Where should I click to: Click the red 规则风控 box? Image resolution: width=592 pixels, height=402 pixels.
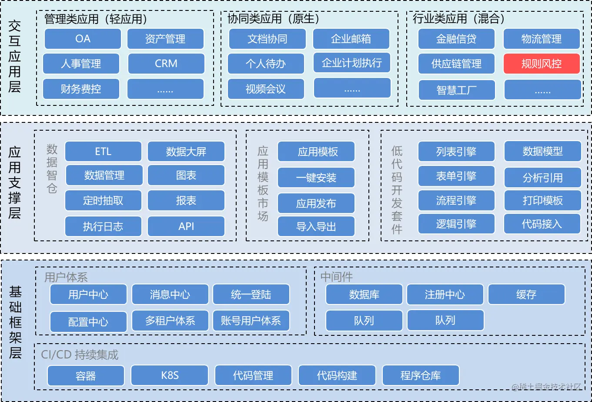coord(542,64)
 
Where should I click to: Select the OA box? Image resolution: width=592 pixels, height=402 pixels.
coord(83,39)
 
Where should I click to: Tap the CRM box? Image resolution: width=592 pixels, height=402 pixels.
coord(166,64)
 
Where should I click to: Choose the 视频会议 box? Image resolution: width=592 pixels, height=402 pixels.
coord(265,89)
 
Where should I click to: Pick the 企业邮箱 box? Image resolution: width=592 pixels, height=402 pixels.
coord(351,39)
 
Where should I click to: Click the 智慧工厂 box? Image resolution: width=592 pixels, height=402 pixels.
coord(456,90)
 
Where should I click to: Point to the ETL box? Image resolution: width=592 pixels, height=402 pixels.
coord(103,152)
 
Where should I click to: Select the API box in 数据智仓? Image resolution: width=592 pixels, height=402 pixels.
coord(186,226)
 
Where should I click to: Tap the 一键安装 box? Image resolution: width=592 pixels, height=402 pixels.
coord(316,178)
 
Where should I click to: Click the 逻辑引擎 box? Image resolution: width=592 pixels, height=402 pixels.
coord(456,224)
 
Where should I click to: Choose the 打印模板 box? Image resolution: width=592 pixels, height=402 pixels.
coord(542,200)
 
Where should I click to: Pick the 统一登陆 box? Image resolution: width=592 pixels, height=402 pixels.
coord(251,294)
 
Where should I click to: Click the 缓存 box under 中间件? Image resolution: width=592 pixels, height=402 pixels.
coord(526,294)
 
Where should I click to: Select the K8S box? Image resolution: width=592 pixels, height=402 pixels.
coord(170,375)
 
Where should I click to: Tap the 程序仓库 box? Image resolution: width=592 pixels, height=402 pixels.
coord(421,375)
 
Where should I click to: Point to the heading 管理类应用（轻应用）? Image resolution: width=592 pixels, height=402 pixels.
coord(96,19)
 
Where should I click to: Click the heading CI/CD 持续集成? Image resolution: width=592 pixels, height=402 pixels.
coord(80,355)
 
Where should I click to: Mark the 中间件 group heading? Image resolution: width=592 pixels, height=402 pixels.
coord(337,277)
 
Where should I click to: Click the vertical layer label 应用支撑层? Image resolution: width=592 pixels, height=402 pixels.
coord(15,182)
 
